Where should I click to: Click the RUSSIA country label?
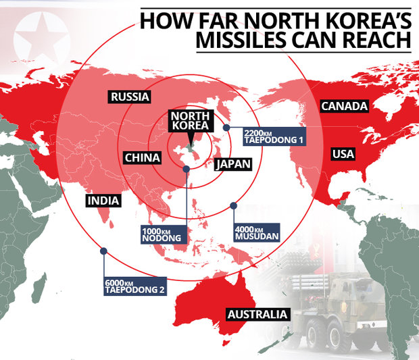click(128, 97)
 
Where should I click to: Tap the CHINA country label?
click(143, 158)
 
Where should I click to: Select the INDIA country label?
click(103, 201)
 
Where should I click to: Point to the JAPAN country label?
click(233, 164)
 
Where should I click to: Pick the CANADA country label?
click(344, 106)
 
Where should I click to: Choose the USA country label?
click(343, 155)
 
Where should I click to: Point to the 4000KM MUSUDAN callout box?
click(256, 233)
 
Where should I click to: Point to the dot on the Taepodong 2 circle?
click(103, 251)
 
